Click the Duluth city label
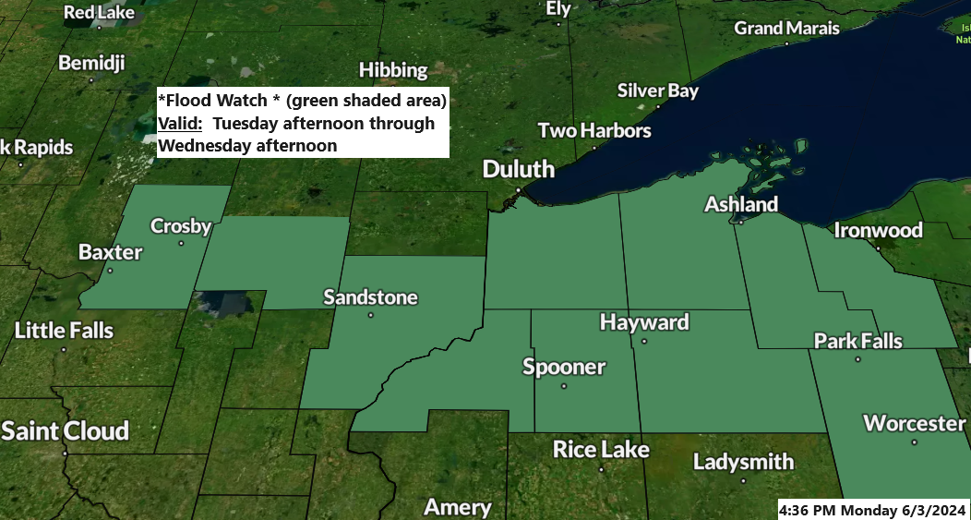point(520,169)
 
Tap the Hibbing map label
point(393,70)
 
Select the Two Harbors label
point(594,130)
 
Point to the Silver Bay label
point(657,91)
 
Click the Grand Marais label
point(786,29)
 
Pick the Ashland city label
point(741,204)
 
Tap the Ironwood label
point(878,230)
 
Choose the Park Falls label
point(857,341)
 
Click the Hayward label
point(644,322)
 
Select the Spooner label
point(564,367)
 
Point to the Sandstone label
point(370,297)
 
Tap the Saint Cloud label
point(65,430)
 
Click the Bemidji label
point(90,63)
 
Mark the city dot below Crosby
point(181,244)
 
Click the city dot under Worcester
point(915,442)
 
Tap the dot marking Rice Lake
point(601,468)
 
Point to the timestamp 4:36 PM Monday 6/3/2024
point(872,510)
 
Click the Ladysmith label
point(743,461)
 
